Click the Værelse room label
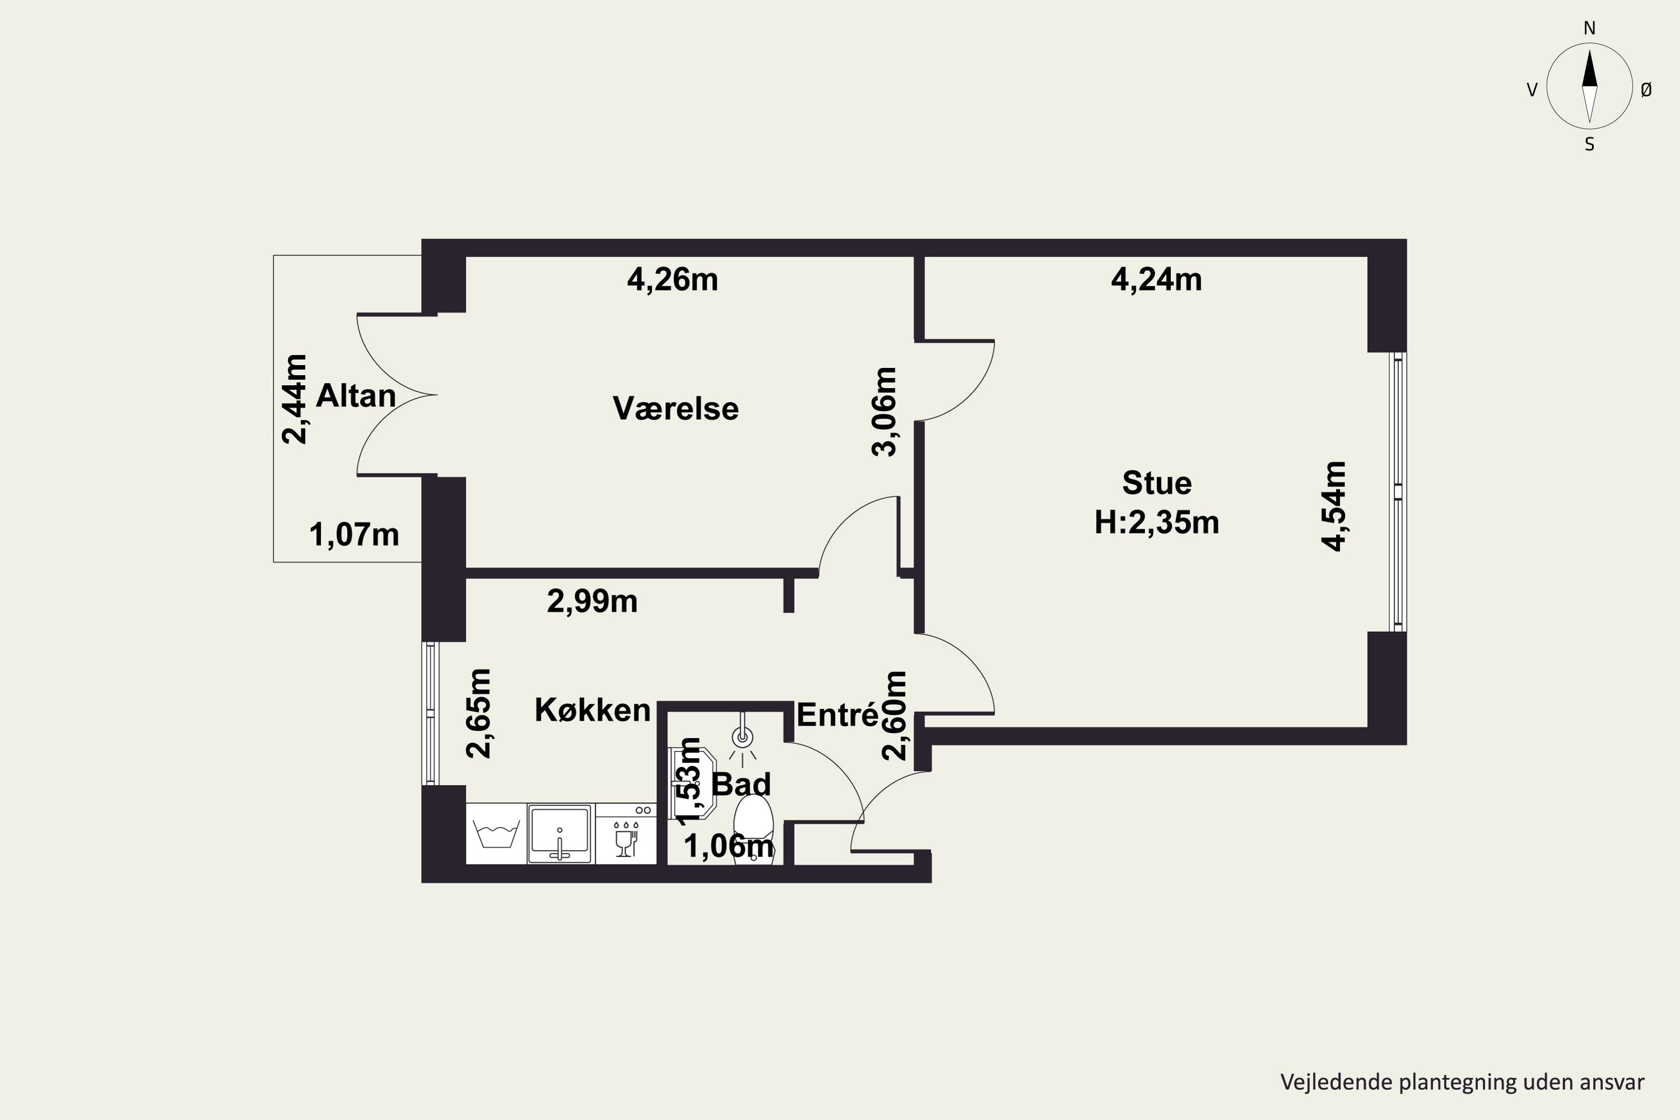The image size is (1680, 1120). pos(676,409)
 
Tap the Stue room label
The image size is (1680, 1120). pos(1157,484)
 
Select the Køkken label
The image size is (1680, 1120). pos(593,710)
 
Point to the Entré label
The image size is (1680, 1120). pos(837,715)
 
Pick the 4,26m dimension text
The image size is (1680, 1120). pos(673,279)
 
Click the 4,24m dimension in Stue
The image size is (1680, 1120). pos(1156,279)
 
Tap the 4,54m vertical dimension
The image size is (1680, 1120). pos(1333,506)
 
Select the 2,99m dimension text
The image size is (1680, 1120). pos(592,601)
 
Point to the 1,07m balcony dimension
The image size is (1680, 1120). pos(354,535)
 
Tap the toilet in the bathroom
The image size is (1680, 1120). pos(754,829)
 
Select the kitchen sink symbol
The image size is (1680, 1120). pos(560,834)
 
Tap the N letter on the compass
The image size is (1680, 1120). pos(1589,29)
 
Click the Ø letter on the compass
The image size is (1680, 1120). pos(1646,89)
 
